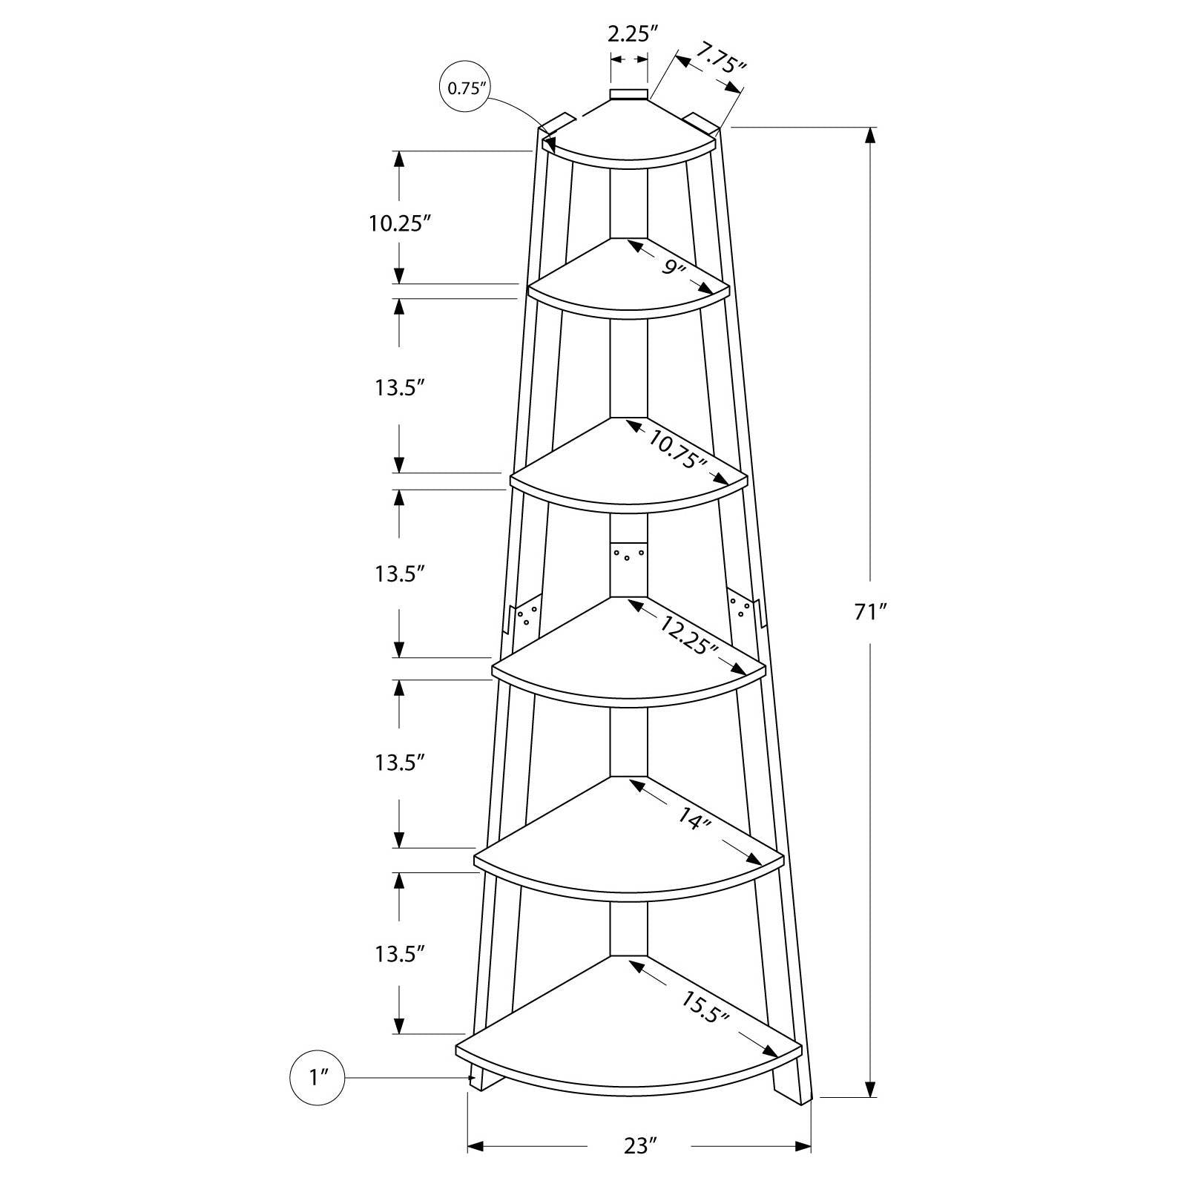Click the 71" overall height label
872,612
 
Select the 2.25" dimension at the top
632,33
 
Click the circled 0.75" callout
465,89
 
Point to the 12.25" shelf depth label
688,634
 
